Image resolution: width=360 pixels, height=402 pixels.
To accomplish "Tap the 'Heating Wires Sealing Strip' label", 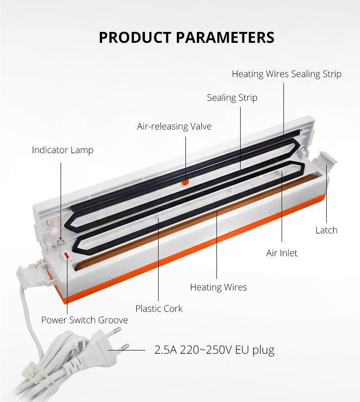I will pos(286,74).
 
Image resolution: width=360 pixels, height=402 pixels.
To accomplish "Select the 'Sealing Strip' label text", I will pos(232,98).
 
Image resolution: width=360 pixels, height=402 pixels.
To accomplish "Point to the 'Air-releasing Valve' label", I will pos(174,126).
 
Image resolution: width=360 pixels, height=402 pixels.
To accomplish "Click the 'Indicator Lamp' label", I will pos(62,150).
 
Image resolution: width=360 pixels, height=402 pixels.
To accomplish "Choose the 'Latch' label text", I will pos(326,230).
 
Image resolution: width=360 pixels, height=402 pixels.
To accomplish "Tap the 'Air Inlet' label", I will pos(282,253).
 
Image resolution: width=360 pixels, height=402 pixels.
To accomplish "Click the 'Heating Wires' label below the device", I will pos(218,287).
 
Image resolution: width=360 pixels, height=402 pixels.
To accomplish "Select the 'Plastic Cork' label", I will pos(159,309).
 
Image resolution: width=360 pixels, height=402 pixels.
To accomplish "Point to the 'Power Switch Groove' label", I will pos(84,320).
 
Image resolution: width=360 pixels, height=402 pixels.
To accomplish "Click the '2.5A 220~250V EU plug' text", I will pos(214,350).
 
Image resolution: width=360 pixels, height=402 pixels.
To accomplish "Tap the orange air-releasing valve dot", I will pos(185,182).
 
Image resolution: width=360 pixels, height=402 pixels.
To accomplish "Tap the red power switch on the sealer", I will pos(67,256).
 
